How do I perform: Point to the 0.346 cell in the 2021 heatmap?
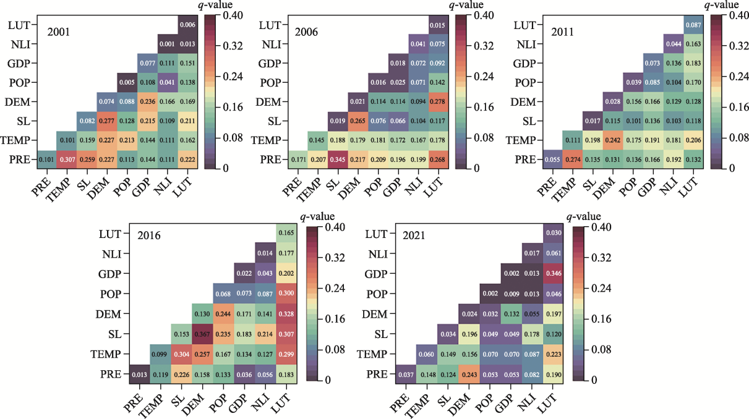pyautogui.click(x=553, y=273)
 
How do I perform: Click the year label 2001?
pyautogui.click(x=60, y=30)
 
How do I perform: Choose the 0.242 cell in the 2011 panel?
pyautogui.click(x=613, y=140)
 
